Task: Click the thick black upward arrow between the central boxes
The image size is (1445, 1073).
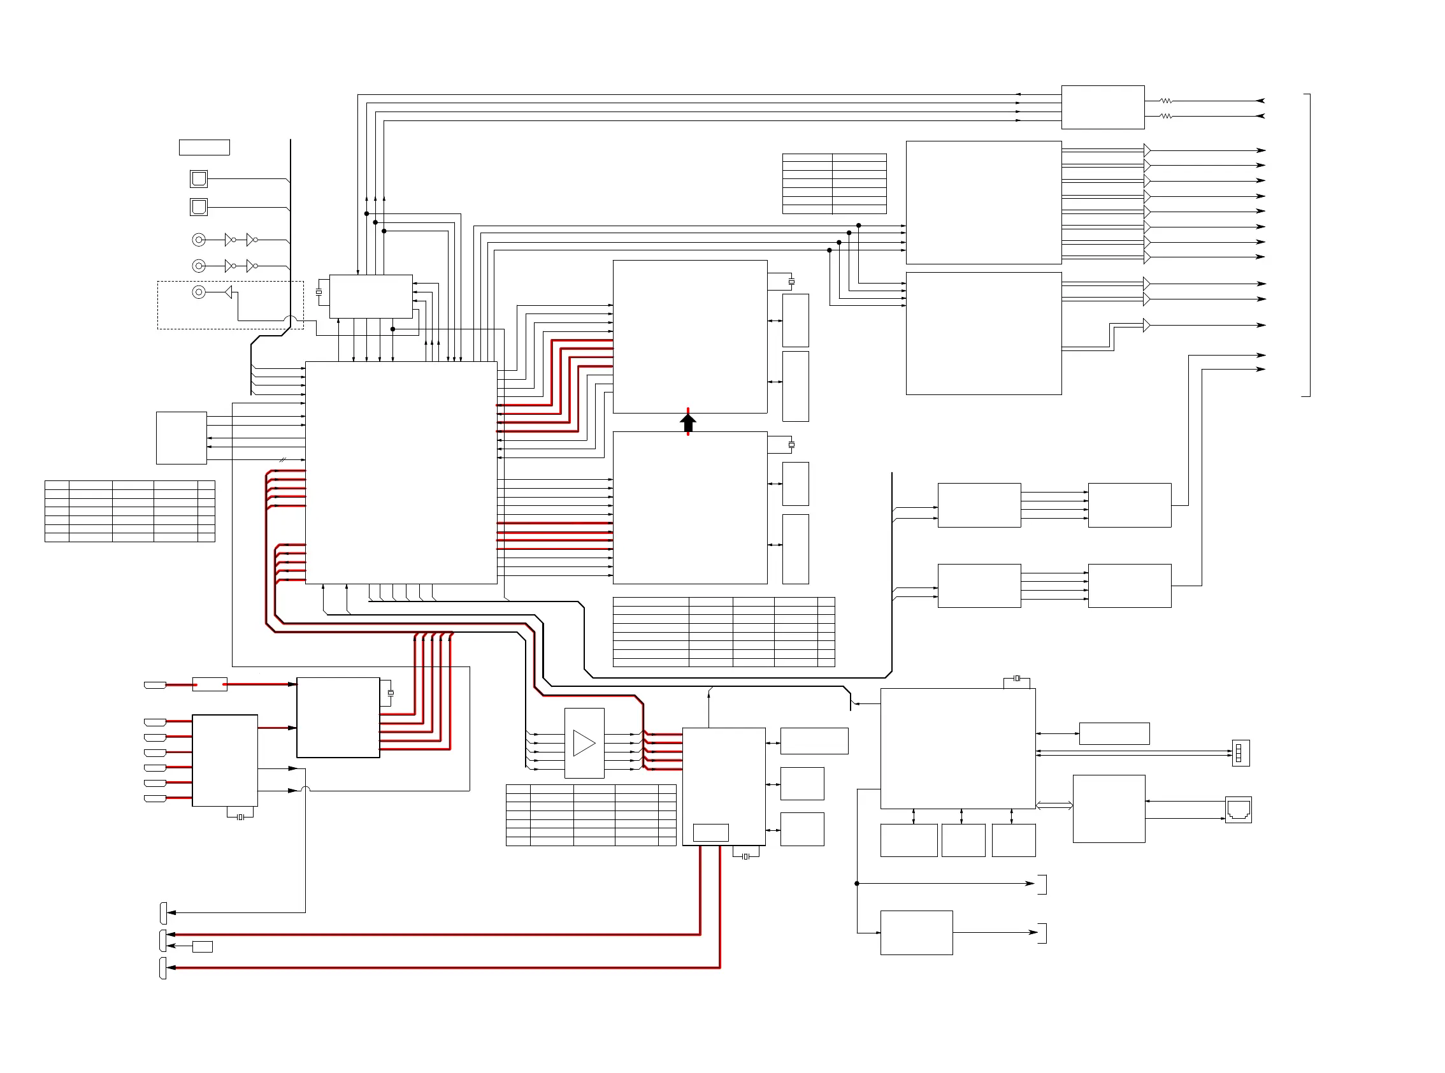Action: [x=687, y=423]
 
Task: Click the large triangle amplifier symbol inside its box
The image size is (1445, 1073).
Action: [x=584, y=743]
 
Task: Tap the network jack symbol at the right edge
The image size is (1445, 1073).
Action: [x=1238, y=810]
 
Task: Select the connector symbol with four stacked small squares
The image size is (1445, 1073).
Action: [x=1240, y=753]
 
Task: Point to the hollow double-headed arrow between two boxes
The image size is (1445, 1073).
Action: [x=1053, y=805]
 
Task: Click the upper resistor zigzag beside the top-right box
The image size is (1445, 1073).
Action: [x=1166, y=101]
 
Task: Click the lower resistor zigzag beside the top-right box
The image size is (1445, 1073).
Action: [x=1166, y=116]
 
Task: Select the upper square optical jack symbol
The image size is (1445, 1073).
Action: [x=199, y=178]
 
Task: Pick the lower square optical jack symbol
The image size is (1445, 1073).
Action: [x=199, y=207]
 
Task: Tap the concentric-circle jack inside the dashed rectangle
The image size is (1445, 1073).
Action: [x=199, y=292]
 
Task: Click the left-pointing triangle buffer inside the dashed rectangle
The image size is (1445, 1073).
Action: [x=228, y=292]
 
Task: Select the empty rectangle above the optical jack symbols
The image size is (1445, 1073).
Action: [x=204, y=147]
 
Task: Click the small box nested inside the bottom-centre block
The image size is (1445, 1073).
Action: [x=710, y=832]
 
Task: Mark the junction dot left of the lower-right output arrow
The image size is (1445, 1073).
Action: [x=856, y=883]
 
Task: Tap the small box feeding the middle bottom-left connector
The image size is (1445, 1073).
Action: [x=203, y=946]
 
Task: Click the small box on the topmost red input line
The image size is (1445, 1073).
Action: [x=209, y=684]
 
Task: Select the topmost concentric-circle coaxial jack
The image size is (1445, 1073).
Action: [x=199, y=240]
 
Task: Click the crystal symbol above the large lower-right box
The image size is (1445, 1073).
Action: [x=1016, y=678]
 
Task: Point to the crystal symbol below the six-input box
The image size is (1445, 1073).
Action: [x=240, y=817]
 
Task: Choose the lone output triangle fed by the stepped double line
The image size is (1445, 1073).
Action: [x=1146, y=325]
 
